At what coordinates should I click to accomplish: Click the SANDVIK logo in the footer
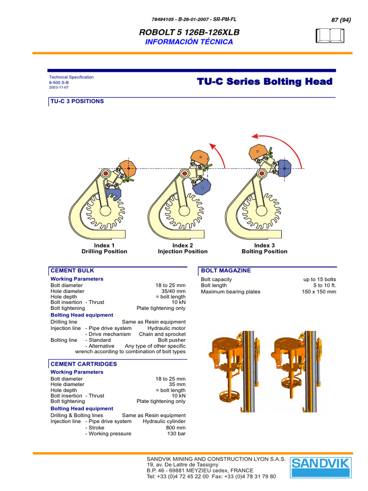[321, 468]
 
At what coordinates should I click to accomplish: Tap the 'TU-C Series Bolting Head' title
[264, 82]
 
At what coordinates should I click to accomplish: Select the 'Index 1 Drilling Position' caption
[104, 248]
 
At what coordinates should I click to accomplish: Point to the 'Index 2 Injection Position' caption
[183, 248]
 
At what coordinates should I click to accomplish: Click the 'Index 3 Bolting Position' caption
[264, 248]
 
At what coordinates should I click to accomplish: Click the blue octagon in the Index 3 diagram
[286, 168]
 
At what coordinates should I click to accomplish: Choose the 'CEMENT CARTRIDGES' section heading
[84, 364]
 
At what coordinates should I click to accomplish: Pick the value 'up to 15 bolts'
[320, 279]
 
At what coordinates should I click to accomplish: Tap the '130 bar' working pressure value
[175, 433]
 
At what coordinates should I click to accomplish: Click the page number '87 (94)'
[341, 20]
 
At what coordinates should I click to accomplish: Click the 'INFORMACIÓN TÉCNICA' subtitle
[189, 42]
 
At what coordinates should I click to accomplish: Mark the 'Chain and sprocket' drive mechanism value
[162, 334]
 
